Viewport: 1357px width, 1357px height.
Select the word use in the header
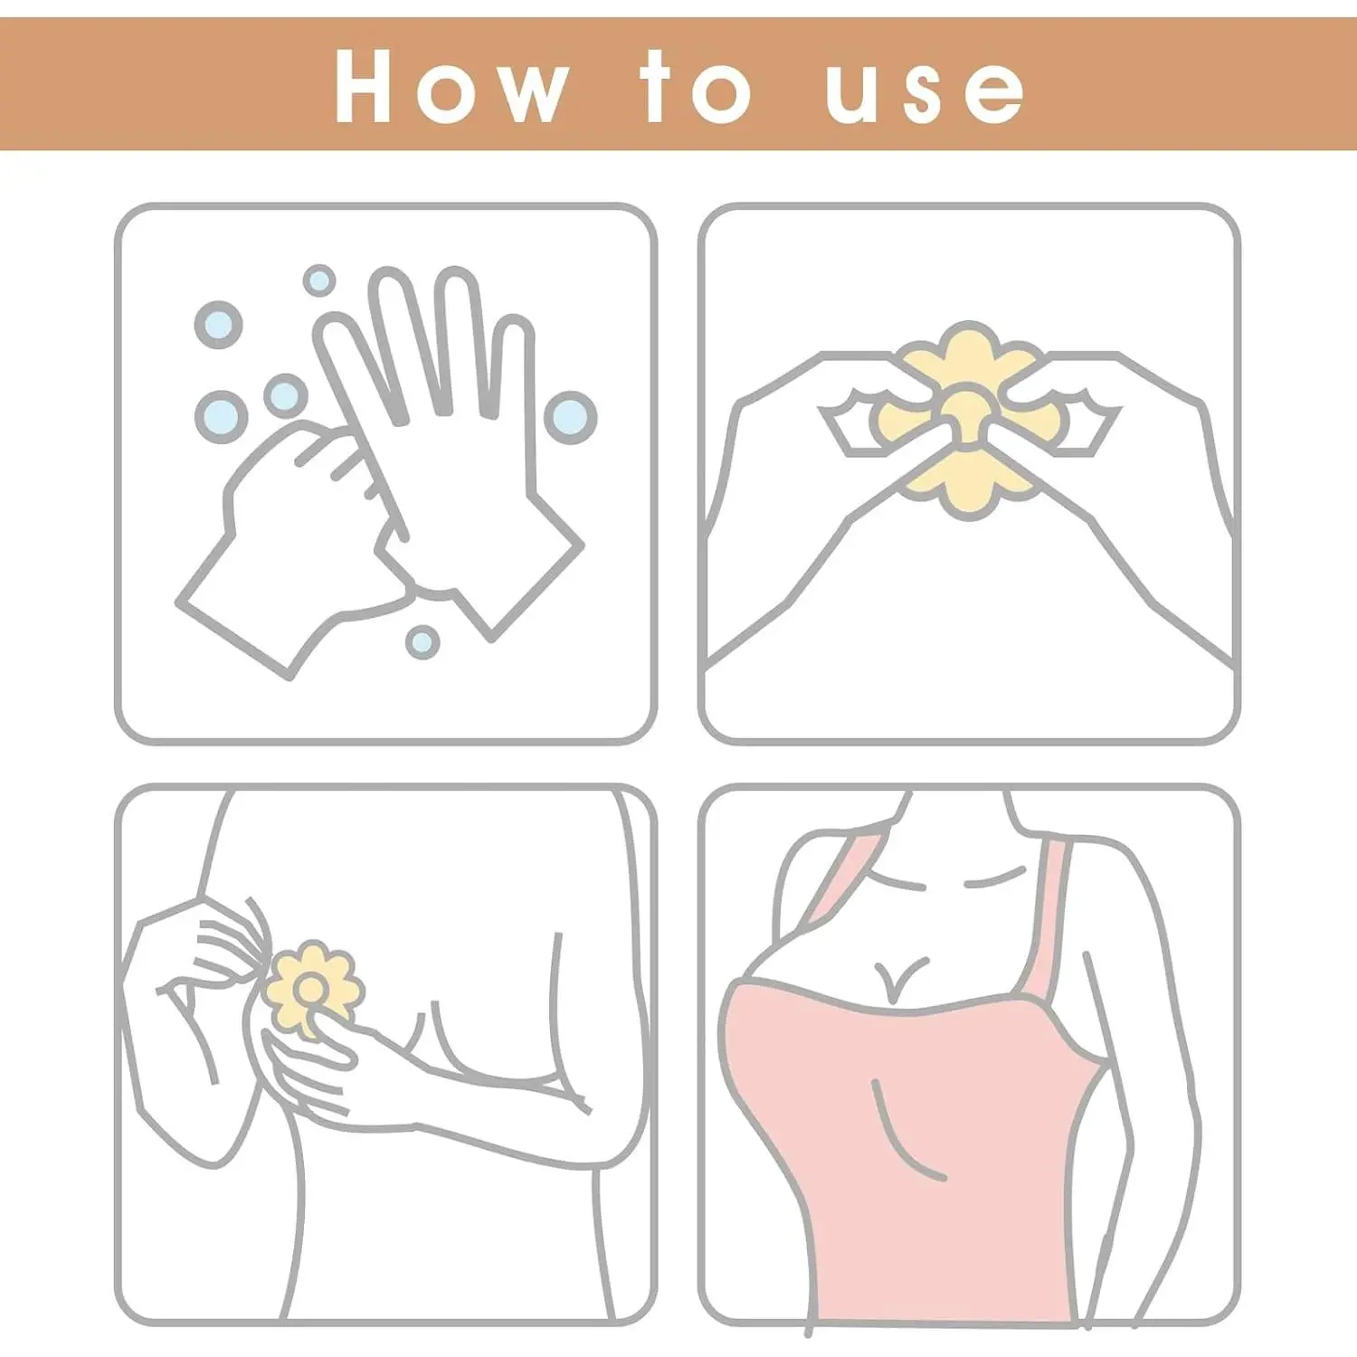coord(925,92)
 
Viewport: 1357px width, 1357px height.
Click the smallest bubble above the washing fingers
coord(318,280)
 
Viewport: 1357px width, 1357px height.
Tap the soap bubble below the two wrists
coord(422,641)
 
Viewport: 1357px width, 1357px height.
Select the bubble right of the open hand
coord(570,417)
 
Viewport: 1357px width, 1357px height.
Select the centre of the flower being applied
coord(310,987)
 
